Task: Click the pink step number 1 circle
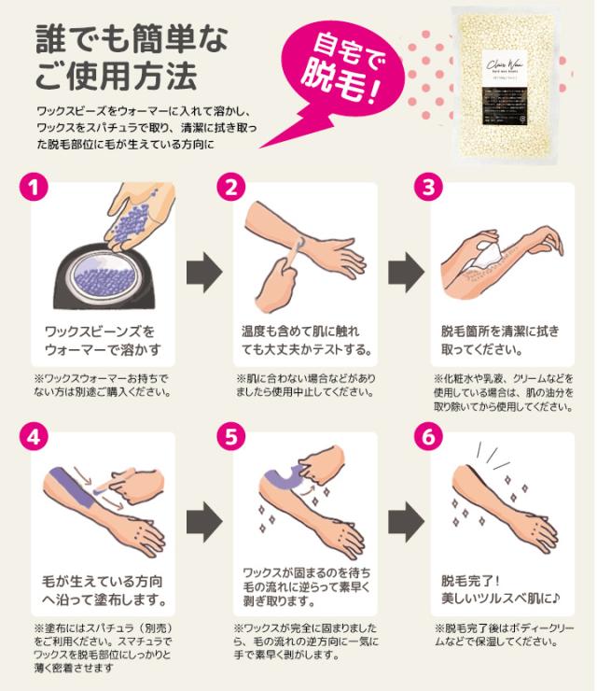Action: point(35,187)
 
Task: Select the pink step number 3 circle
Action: point(428,187)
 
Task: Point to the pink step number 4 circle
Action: point(35,436)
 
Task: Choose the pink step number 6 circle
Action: point(428,436)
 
